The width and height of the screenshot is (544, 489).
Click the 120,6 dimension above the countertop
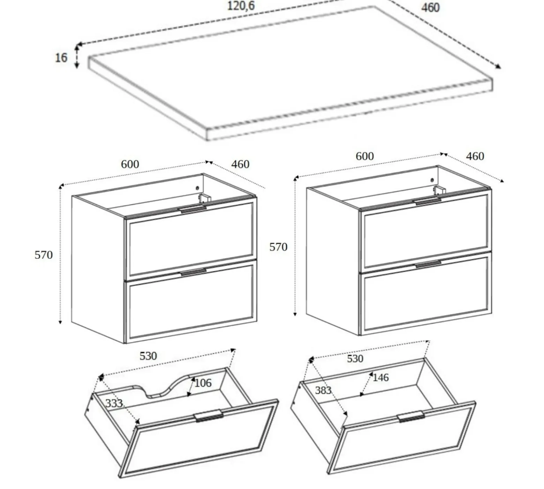coord(241,6)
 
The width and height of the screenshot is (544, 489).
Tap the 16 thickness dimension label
coord(61,57)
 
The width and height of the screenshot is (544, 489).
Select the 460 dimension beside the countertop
coord(430,8)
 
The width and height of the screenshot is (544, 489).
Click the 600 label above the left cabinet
coord(130,164)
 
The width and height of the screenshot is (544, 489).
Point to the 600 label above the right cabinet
coord(365,156)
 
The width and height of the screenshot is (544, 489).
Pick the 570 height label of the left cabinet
coord(44,255)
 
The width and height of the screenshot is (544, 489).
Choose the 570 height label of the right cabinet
coord(278,247)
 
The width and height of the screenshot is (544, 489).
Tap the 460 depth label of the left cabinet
coord(240,164)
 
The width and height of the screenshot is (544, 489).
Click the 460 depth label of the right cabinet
coord(475,156)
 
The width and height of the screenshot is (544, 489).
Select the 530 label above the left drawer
coord(148,356)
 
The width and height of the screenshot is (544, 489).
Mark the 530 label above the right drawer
coord(355,359)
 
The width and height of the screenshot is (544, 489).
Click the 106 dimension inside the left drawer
coord(203,383)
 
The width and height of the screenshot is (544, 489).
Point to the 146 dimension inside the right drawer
coord(380,378)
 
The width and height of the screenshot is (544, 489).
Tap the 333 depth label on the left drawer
coord(114,403)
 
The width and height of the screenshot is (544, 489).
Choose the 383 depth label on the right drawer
coord(323,390)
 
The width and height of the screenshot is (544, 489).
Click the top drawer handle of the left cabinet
coord(192,209)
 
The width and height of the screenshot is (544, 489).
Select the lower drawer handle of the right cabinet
coord(428,264)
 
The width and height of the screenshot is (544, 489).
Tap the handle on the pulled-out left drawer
coord(209,416)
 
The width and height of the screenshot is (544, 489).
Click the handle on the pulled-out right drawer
coord(411,417)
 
